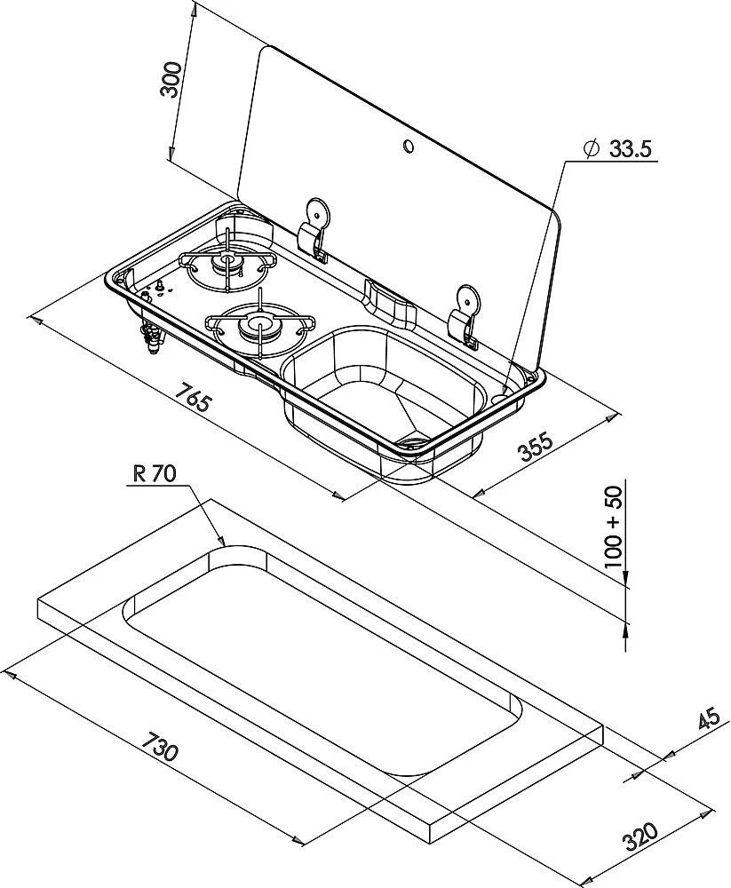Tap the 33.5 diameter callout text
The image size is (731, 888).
click(x=631, y=149)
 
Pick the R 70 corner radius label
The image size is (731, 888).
click(x=155, y=473)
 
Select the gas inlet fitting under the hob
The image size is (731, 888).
click(x=149, y=337)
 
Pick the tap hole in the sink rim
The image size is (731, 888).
click(x=506, y=390)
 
